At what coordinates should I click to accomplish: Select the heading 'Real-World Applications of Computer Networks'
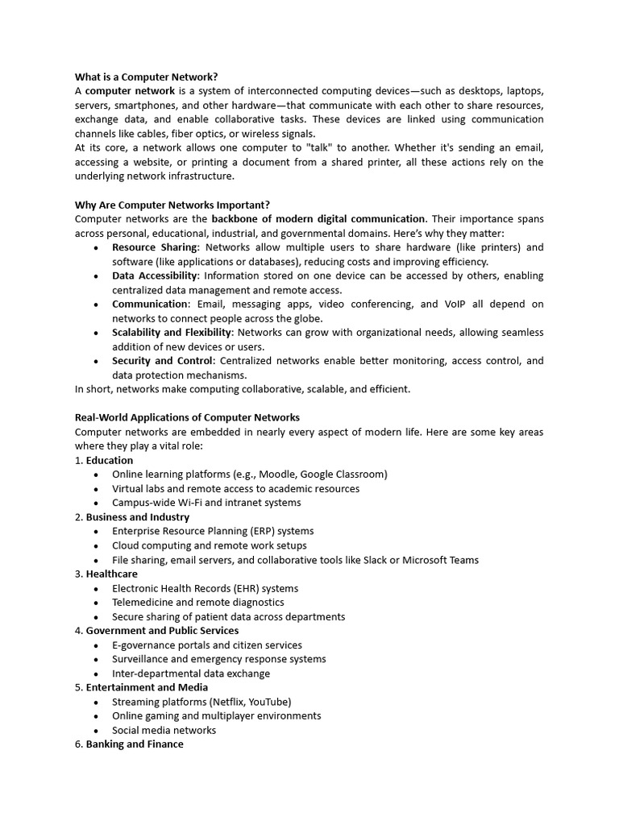(187, 417)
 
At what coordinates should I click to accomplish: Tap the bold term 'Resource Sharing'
(154, 247)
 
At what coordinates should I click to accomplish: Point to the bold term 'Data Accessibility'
(155, 276)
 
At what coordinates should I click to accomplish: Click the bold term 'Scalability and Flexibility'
(172, 332)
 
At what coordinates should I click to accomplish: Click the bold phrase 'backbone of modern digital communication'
(318, 219)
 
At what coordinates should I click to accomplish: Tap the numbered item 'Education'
(110, 460)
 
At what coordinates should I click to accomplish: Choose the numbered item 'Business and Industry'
(138, 517)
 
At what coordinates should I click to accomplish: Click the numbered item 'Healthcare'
(112, 574)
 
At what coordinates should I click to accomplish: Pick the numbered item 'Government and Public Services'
(162, 631)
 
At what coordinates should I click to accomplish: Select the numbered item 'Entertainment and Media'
(147, 687)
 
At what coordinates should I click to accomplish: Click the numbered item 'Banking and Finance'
(135, 744)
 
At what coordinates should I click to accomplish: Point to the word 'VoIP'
(454, 304)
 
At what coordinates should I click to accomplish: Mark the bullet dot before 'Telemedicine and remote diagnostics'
(96, 603)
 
